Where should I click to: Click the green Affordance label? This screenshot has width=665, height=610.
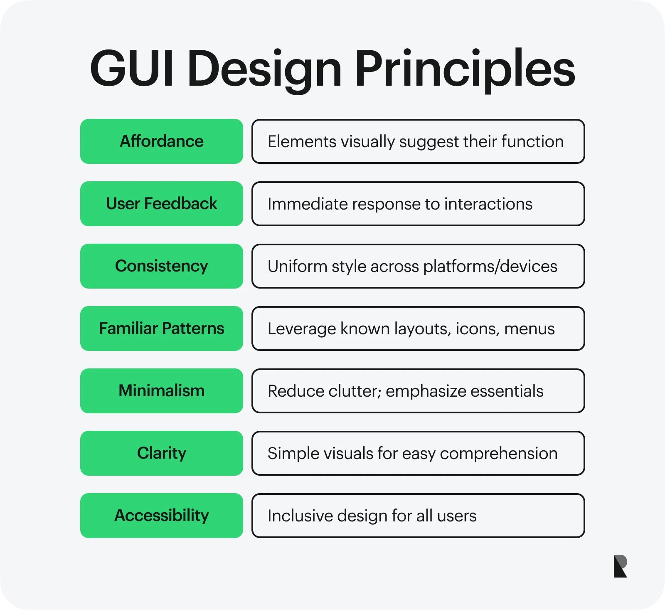[161, 141]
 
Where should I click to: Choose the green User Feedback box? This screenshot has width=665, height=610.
[161, 204]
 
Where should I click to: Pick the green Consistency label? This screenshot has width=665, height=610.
[161, 266]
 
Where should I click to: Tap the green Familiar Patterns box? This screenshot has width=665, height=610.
[161, 328]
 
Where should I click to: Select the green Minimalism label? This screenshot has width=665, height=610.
[161, 391]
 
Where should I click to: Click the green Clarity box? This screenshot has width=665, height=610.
[161, 453]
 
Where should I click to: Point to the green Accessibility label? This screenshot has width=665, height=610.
[161, 516]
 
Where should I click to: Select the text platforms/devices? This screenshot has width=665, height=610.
[490, 267]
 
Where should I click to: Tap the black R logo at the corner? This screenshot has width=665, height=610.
[620, 566]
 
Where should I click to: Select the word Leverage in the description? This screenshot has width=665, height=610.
[302, 329]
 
